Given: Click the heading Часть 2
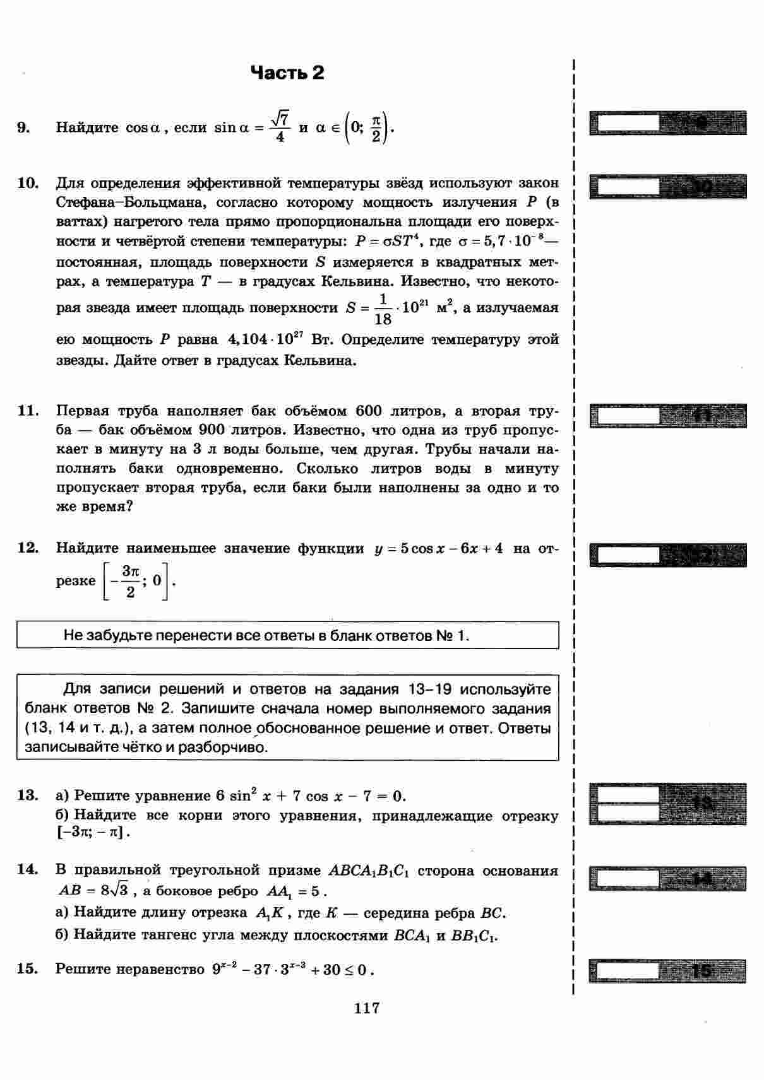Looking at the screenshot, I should (x=287, y=73).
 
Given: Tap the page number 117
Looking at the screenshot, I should (x=367, y=1007).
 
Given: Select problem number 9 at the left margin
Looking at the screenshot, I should (x=23, y=127).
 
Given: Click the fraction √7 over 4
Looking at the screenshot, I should (x=280, y=127).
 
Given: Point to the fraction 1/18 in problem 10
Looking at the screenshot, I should (x=383, y=308).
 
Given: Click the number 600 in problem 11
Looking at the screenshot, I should (x=369, y=411).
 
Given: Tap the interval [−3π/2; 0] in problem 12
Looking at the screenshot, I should (x=136, y=581).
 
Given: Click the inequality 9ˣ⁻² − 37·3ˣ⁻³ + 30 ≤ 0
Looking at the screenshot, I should (x=293, y=969).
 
